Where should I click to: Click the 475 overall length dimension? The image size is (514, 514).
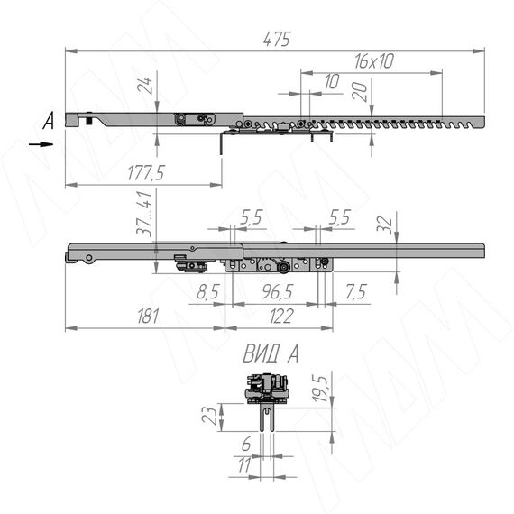coord(277,40)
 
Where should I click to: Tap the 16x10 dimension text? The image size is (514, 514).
coord(374,61)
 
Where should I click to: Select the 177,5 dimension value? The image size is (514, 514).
coord(146,173)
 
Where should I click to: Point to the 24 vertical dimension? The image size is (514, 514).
coord(145,86)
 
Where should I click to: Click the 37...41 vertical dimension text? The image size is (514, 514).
coord(144,213)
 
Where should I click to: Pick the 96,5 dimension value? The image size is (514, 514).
coord(278,291)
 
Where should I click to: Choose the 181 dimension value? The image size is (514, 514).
coord(148,316)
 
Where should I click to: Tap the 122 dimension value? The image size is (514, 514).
coord(281,317)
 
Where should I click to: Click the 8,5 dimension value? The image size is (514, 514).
coord(207,291)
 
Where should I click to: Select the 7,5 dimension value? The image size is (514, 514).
coord(356,291)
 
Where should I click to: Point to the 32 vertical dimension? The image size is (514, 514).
coord(384,225)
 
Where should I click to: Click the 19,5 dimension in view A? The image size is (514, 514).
coord(320,389)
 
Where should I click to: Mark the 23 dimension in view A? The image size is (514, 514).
coord(210,416)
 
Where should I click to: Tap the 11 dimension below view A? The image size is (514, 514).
coord(244,464)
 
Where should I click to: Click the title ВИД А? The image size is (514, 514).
coord(271,354)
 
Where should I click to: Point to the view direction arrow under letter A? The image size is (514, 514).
coord(41,144)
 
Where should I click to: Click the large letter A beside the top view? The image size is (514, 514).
coord(49,120)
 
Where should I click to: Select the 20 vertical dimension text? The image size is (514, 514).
coord(359,91)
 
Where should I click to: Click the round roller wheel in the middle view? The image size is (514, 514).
coord(282,268)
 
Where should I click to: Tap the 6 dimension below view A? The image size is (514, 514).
coord(246,444)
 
